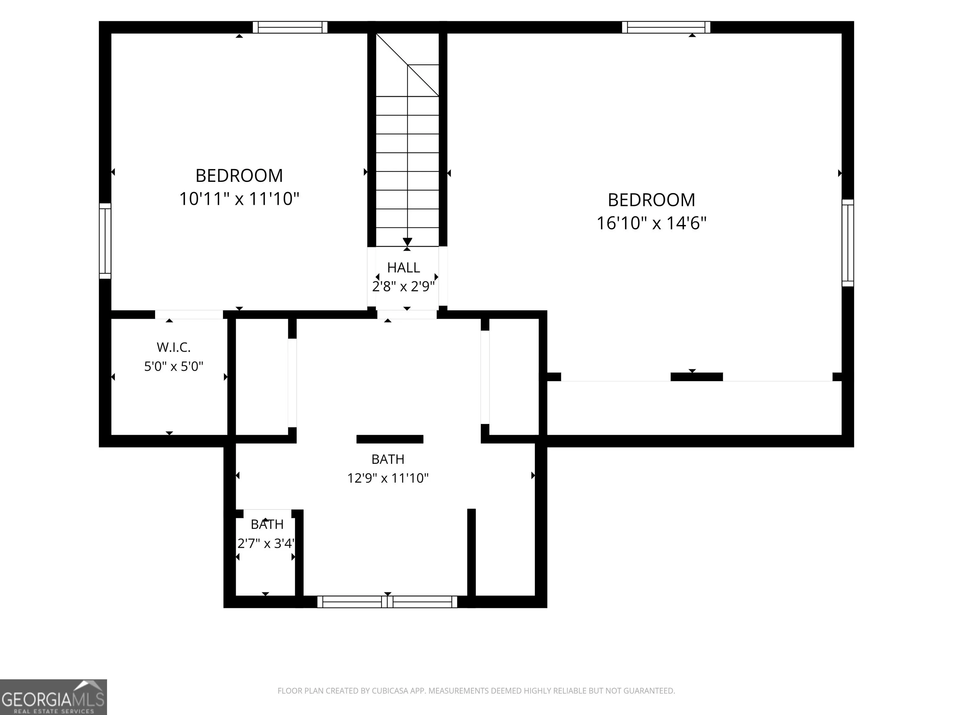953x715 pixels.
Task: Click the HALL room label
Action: point(403,268)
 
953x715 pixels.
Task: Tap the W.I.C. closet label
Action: point(174,347)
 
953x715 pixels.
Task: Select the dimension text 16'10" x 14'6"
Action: point(651,223)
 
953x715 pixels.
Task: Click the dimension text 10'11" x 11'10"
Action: point(239,199)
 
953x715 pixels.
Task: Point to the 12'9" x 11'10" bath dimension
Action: point(388,478)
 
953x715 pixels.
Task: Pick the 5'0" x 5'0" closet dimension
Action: point(174,366)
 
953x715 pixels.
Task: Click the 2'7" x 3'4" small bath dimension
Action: point(266,543)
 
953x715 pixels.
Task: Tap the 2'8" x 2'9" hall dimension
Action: point(403,287)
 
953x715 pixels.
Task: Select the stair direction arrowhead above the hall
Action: point(407,242)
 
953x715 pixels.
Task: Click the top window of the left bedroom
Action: point(290,27)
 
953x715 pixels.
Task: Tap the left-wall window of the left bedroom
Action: point(105,241)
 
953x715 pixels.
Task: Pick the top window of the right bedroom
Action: point(666,27)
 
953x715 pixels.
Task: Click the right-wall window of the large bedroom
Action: point(848,243)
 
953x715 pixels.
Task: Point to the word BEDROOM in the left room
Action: point(239,175)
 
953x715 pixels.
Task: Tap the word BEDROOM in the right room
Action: point(651,200)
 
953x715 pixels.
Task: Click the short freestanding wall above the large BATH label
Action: point(390,439)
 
